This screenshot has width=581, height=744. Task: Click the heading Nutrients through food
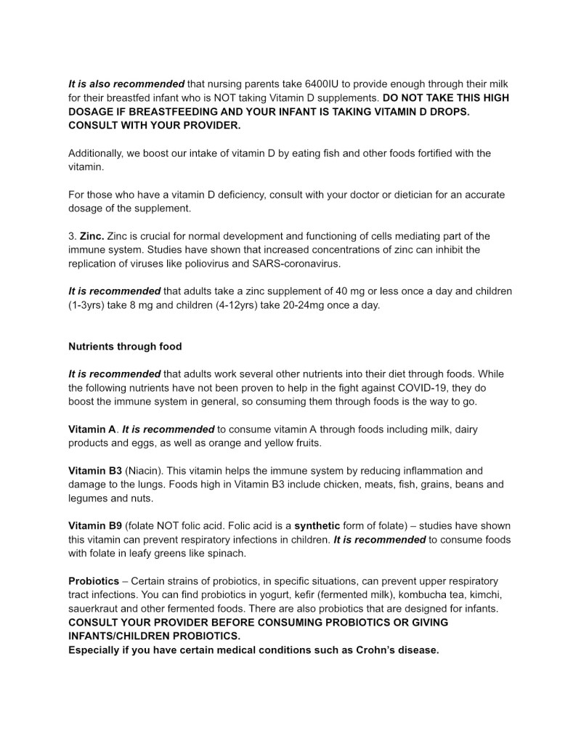125,347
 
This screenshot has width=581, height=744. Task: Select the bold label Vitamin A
92,429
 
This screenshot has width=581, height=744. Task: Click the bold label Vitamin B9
95,526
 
